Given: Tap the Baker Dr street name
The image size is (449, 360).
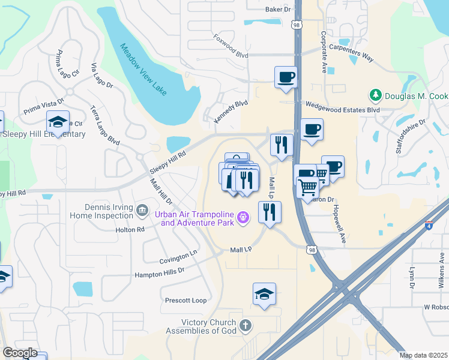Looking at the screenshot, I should pyautogui.click(x=277, y=10).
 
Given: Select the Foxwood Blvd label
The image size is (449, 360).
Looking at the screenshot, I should pyautogui.click(x=231, y=46).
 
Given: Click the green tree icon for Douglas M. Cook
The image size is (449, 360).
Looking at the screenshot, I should pyautogui.click(x=376, y=95).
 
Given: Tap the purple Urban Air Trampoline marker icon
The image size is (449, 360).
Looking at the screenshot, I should pyautogui.click(x=243, y=217).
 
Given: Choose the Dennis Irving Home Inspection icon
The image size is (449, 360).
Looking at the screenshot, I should pyautogui.click(x=142, y=210).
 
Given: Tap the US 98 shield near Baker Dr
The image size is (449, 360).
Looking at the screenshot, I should pyautogui.click(x=298, y=25).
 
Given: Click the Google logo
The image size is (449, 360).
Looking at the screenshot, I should pyautogui.click(x=19, y=353).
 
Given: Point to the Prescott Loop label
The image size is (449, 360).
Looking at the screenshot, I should pyautogui.click(x=185, y=300).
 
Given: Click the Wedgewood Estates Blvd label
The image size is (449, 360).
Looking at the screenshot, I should pyautogui.click(x=343, y=110).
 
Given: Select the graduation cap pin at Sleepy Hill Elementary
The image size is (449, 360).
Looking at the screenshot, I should pyautogui.click(x=58, y=122).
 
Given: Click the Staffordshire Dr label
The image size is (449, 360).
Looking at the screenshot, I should pyautogui.click(x=411, y=136).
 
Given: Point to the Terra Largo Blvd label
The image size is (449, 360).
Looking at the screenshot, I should pyautogui.click(x=105, y=124).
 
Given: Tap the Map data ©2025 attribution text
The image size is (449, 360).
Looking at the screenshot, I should pyautogui.click(x=423, y=355).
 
